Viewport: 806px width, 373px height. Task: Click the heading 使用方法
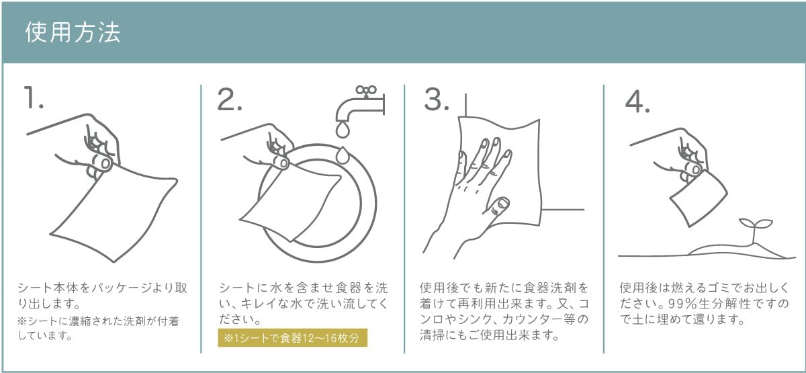tap(73, 33)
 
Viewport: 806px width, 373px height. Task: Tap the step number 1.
tap(34, 97)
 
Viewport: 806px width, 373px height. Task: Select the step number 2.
tap(230, 99)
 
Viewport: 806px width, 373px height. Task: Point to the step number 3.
tap(437, 99)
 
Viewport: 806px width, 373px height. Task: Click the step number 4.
tap(637, 102)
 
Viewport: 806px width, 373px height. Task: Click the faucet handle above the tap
tap(366, 91)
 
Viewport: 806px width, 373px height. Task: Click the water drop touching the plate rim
tap(342, 155)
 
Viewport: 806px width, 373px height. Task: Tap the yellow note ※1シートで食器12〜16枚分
tap(293, 338)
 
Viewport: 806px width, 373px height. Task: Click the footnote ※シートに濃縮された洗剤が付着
tap(98, 321)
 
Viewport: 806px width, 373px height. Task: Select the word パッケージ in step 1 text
tap(116, 288)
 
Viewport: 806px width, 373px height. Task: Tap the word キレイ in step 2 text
tap(255, 304)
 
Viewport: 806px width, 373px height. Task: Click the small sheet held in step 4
tap(698, 198)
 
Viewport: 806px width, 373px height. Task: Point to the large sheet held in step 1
tap(114, 213)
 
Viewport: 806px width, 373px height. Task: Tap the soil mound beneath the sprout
tap(737, 251)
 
